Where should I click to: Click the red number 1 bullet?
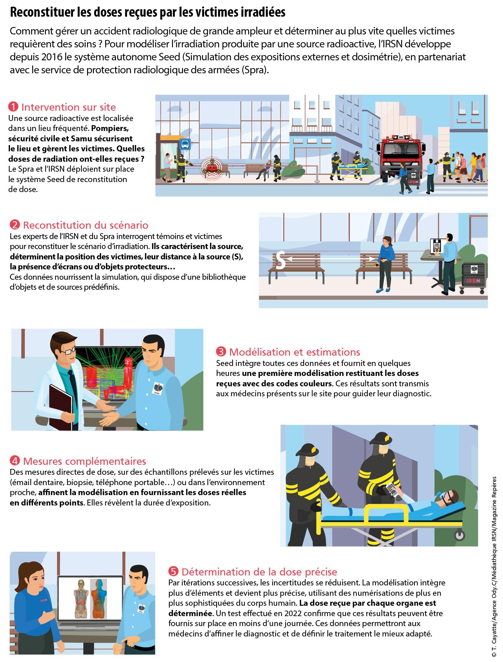tap(13, 107)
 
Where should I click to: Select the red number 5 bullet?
tap(173, 571)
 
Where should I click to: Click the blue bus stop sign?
tap(184, 144)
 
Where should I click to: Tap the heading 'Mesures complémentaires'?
tap(84, 461)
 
